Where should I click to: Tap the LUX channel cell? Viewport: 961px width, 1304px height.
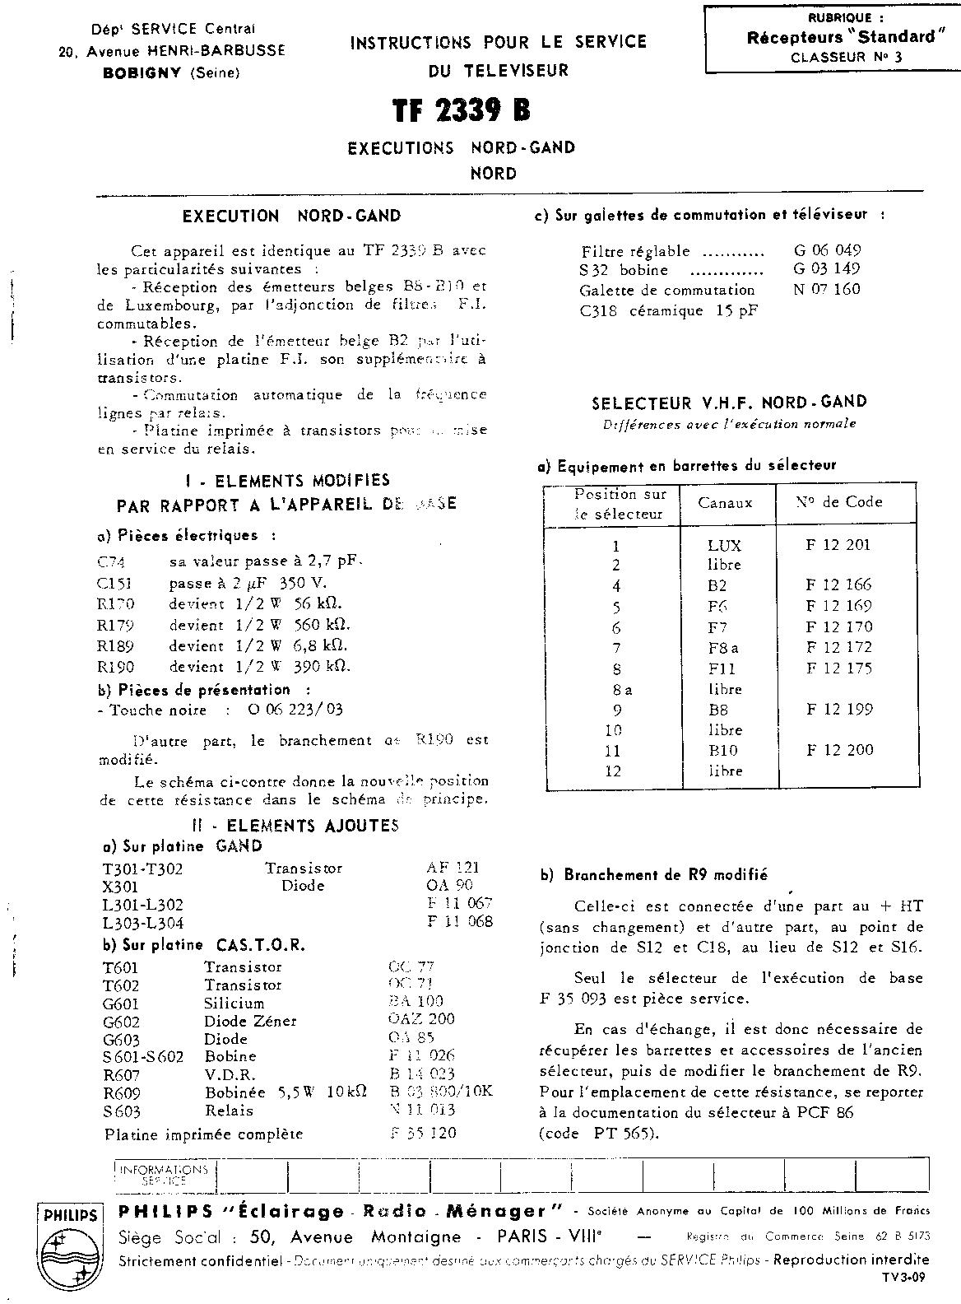[x=724, y=545]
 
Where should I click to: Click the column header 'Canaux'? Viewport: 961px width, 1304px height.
[x=725, y=502]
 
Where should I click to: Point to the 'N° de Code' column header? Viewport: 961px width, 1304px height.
[x=838, y=501]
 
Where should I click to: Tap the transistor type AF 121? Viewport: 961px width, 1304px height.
[x=453, y=867]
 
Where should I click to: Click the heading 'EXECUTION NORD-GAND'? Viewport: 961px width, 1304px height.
[x=291, y=217]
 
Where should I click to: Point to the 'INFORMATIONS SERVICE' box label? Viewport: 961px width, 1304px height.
[x=165, y=1174]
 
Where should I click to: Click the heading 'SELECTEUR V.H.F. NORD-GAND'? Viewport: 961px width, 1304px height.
[x=729, y=403]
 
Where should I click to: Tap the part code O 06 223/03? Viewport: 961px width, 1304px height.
[x=295, y=710]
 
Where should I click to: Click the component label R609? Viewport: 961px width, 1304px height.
[x=122, y=1092]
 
